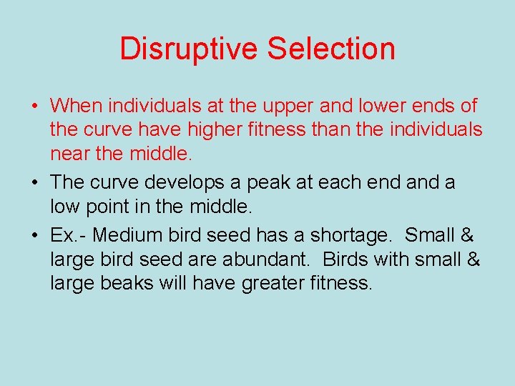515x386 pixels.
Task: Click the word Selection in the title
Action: tap(331, 49)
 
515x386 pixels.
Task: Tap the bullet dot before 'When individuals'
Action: tap(35, 107)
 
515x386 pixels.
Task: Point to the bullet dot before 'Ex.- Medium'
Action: tap(35, 235)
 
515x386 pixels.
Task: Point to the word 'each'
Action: tap(340, 183)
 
